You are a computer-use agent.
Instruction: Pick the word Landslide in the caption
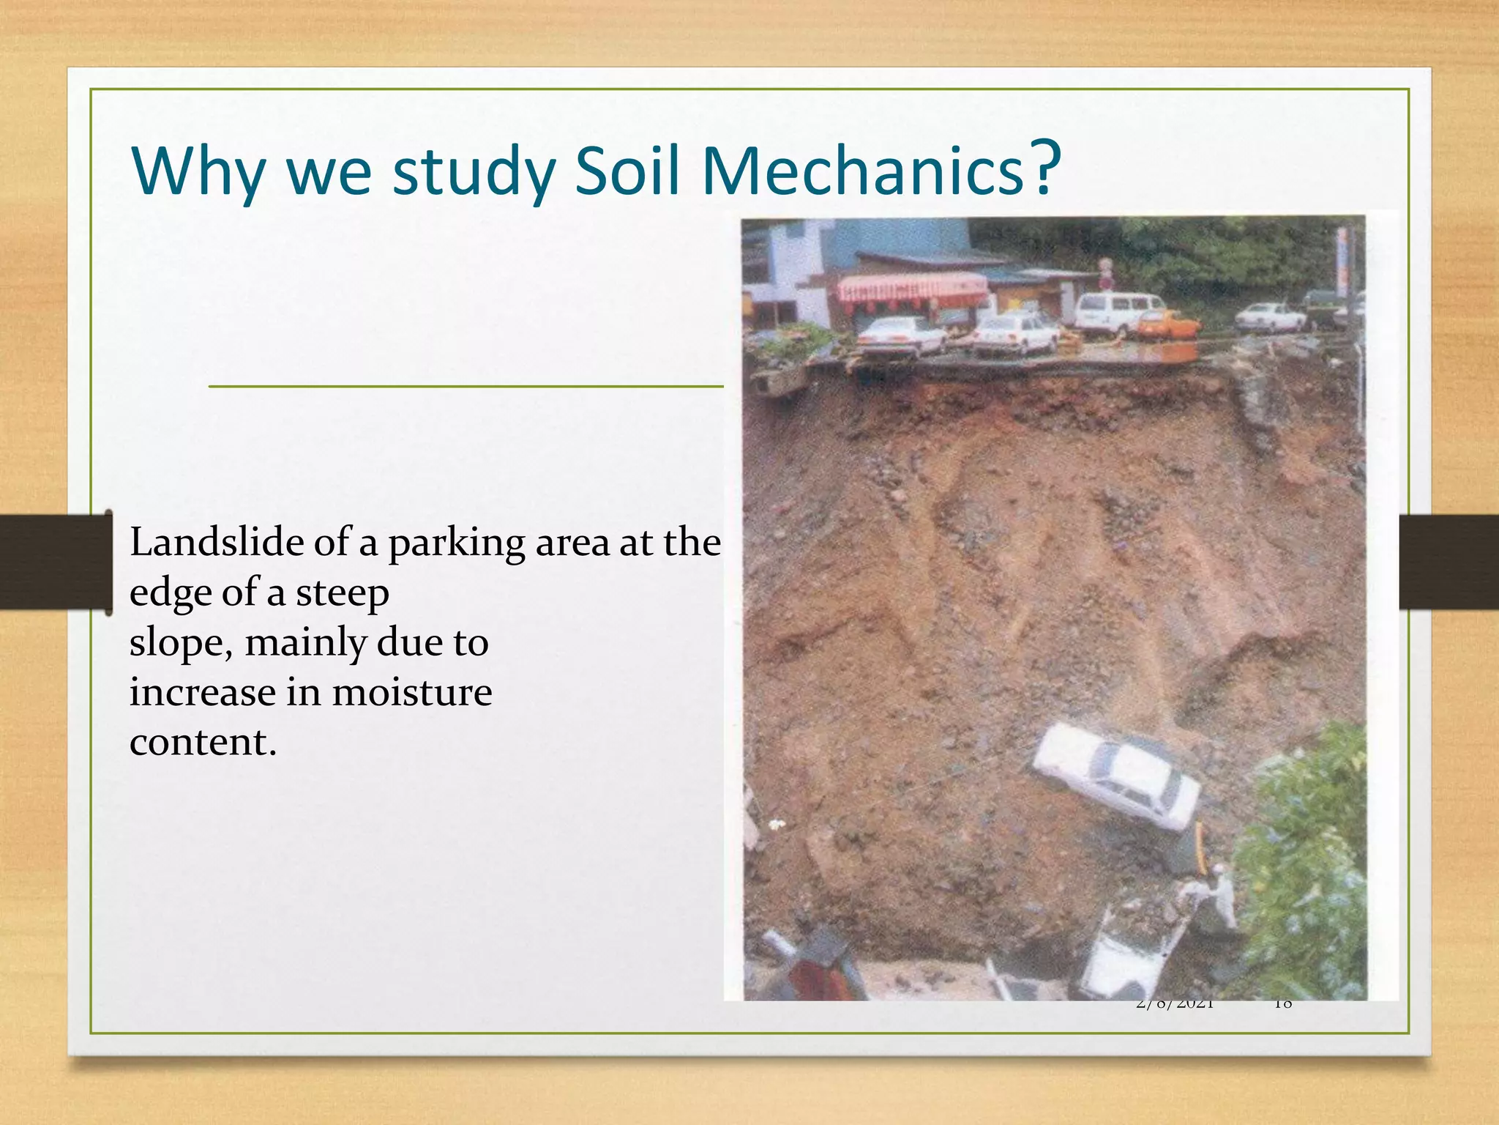(x=217, y=543)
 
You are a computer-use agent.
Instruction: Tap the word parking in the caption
(x=456, y=546)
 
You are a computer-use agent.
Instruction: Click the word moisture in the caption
(x=412, y=692)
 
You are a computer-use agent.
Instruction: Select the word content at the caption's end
(x=203, y=742)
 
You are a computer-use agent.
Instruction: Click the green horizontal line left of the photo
(x=466, y=386)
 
